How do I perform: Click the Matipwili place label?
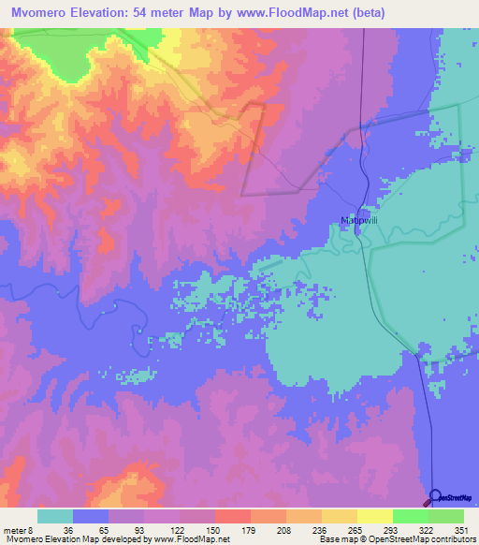coord(357,221)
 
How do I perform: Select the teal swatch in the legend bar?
coord(55,516)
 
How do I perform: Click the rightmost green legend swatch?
coord(445,516)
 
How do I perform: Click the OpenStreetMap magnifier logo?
coord(434,496)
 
